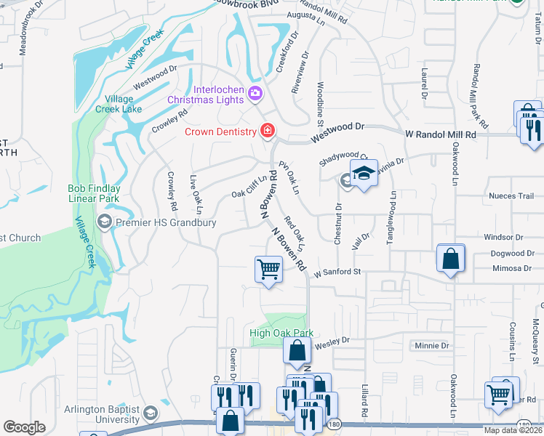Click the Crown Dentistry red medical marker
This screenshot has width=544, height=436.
[x=268, y=131]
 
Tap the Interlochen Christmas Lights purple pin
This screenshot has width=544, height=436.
[x=255, y=93]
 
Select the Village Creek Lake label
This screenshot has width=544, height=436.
[x=118, y=104]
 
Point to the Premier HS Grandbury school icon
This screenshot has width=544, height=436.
[x=104, y=222]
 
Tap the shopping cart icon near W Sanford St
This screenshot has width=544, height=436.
[x=268, y=270]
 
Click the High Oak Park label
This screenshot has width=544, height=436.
[x=281, y=333]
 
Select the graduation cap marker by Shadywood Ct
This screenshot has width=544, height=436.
[x=364, y=173]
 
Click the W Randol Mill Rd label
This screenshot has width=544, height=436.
[x=440, y=134]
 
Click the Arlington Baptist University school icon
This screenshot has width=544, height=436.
[x=150, y=413]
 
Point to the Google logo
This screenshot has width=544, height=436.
[x=24, y=427]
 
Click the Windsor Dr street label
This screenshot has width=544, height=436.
[x=503, y=237]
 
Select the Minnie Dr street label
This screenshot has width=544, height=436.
[x=431, y=345]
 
